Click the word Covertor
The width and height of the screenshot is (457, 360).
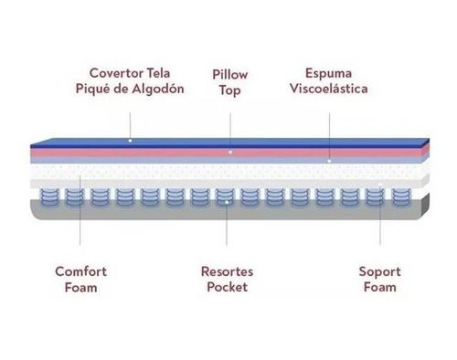coord(117,73)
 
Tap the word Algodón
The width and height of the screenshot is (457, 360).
coord(158,89)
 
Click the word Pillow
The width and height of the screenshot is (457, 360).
coord(230,75)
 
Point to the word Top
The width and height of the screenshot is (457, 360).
coord(230,90)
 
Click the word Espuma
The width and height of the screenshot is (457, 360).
coord(328,74)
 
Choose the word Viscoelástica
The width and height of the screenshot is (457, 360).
coord(328,89)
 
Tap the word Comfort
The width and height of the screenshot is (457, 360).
coord(80,271)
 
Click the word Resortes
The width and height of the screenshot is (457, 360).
coord(227,271)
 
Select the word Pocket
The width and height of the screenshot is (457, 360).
coord(227,287)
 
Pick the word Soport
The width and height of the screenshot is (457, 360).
coord(379,271)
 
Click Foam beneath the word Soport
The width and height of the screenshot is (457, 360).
coord(380,287)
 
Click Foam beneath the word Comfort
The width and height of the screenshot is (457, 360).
coord(81,287)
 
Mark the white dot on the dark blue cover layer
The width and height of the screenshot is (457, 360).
coord(130,141)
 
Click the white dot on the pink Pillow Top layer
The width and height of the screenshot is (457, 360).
coord(230,152)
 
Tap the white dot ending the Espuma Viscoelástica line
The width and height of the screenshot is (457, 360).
coord(329,161)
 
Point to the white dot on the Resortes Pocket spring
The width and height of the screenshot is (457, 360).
coord(227,202)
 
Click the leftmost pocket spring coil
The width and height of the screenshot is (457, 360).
coord(49,197)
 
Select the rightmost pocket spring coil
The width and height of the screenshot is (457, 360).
coord(401,197)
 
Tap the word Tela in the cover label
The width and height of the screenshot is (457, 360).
coord(158,73)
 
